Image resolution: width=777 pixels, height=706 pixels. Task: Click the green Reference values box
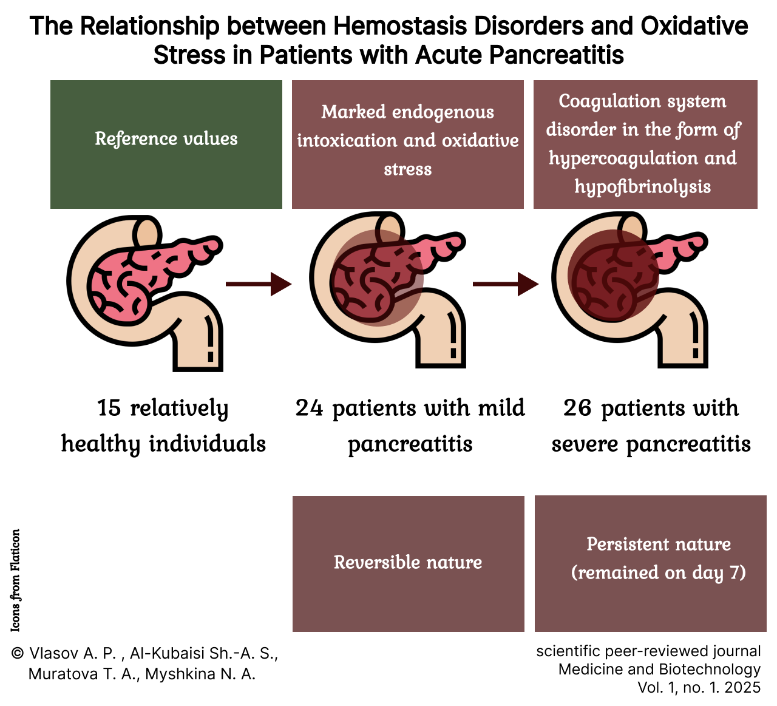[x=166, y=144]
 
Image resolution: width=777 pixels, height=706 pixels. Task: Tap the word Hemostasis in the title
[x=401, y=26]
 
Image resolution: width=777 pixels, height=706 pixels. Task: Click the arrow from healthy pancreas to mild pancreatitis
[x=259, y=284]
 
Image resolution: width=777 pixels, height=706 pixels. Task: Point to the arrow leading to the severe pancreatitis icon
[x=506, y=284]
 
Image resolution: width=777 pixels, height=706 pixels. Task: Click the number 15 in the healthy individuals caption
[x=109, y=408]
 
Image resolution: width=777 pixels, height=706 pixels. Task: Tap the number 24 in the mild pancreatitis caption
[x=309, y=408]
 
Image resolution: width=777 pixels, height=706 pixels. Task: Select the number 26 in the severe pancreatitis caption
[x=577, y=408]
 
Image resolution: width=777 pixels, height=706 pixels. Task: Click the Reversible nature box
[x=409, y=564]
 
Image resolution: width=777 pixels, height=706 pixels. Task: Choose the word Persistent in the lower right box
[x=628, y=544]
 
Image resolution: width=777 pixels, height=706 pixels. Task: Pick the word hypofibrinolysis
[x=643, y=187]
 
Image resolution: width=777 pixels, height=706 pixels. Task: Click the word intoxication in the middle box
[x=347, y=140]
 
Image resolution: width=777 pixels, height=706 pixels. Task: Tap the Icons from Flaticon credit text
[x=15, y=580]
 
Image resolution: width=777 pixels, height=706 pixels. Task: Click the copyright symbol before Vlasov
[x=18, y=653]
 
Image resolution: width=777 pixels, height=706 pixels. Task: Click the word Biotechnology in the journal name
[x=710, y=670]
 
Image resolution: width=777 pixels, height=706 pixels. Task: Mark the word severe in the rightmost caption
[x=585, y=444]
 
